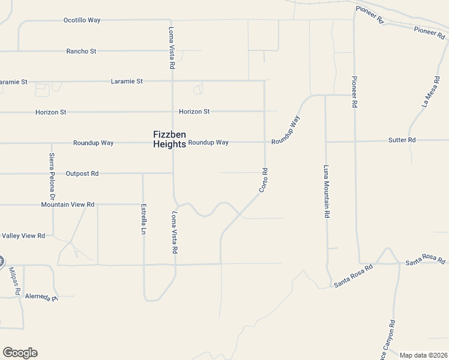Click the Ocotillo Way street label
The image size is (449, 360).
[82, 20]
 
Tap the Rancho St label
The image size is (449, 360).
[81, 52]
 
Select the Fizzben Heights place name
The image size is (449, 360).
[169, 139]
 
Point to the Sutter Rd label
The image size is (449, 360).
[402, 140]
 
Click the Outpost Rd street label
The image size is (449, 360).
[82, 173]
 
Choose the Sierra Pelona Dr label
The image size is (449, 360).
[52, 176]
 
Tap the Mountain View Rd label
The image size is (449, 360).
[68, 205]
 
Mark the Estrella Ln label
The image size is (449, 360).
[144, 219]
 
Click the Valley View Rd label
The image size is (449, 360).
[23, 236]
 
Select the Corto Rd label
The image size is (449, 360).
[263, 180]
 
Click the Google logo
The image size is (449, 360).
[20, 353]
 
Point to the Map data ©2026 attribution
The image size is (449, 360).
[424, 355]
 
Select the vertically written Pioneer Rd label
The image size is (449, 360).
[355, 91]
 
